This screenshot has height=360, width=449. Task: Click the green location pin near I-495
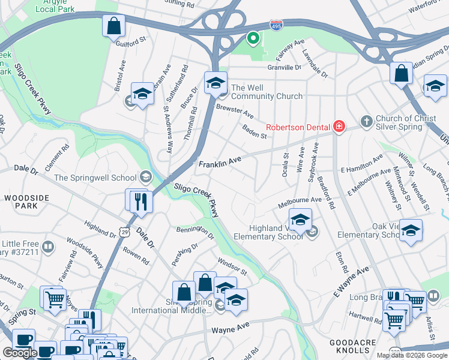253,39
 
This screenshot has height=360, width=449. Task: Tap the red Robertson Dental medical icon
339,126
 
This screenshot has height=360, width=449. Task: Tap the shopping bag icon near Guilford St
113,26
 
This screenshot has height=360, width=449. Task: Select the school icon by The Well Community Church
215,83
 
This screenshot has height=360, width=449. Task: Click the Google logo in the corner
20,353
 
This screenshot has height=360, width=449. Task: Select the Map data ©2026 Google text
412,355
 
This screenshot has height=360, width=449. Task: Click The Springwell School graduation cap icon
145,177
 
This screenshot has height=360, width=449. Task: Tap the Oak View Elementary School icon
411,230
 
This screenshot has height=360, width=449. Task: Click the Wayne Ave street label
229,330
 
